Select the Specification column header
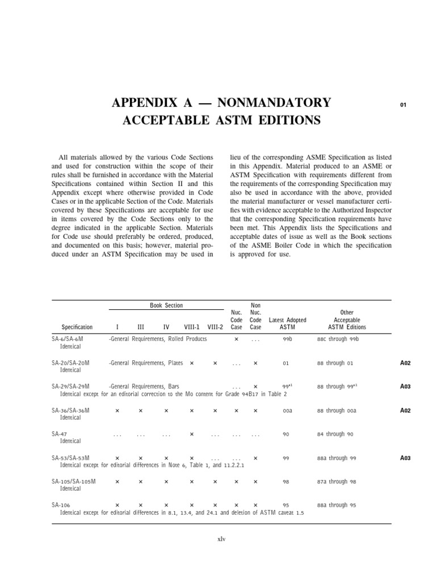pyautogui.click(x=77, y=327)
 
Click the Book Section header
pyautogui.click(x=166, y=305)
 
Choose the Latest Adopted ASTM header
pyautogui.click(x=287, y=323)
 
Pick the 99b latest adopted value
pyautogui.click(x=287, y=339)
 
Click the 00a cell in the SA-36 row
pyautogui.click(x=287, y=410)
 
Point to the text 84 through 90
pyautogui.click(x=335, y=434)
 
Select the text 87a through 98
pyautogui.click(x=337, y=481)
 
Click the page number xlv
pyautogui.click(x=221, y=539)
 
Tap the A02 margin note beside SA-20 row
pyautogui.click(x=405, y=363)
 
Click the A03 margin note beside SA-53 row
pyautogui.click(x=405, y=457)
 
